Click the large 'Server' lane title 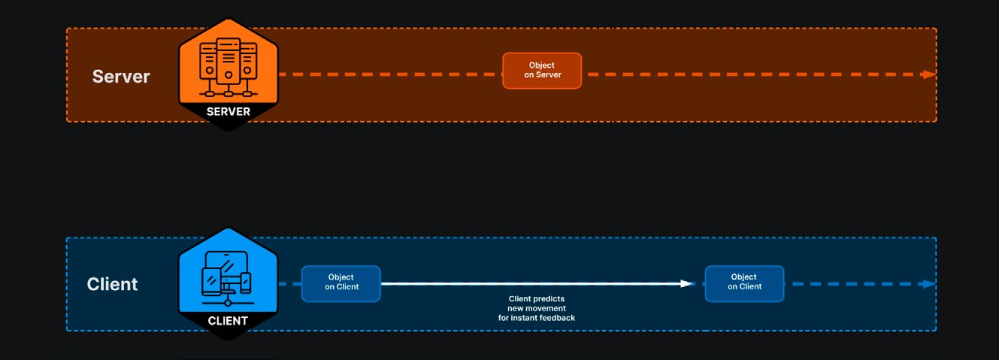tap(121, 76)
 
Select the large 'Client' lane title tap(113, 284)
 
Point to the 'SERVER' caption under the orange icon tap(229, 111)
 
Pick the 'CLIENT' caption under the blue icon tap(228, 321)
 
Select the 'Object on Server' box tap(542, 71)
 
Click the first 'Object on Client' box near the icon tap(341, 284)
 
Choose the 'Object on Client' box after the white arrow tap(744, 284)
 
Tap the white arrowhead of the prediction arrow tap(687, 284)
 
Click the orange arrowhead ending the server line tap(929, 74)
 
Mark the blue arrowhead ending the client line tap(929, 284)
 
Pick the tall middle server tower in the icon tap(229, 61)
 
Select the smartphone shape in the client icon tap(245, 283)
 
